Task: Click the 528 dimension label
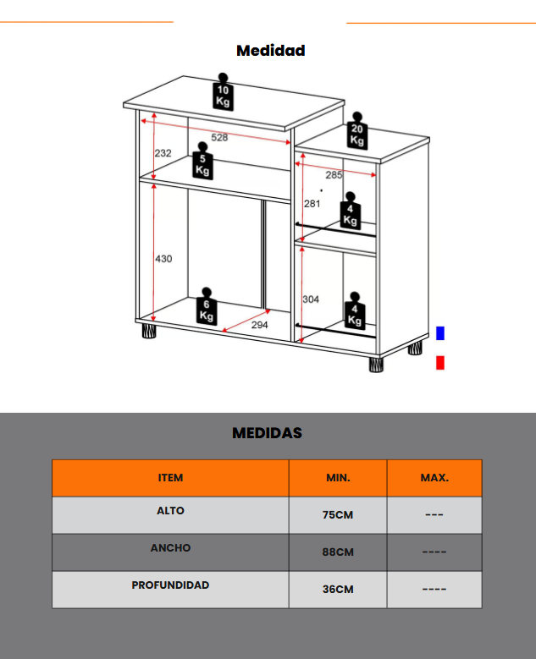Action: pyautogui.click(x=219, y=137)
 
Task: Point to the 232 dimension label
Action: pyautogui.click(x=163, y=153)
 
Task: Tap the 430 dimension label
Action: pyautogui.click(x=163, y=258)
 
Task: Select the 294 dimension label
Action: pyautogui.click(x=259, y=324)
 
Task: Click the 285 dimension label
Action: pyautogui.click(x=334, y=175)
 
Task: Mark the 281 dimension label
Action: pyautogui.click(x=312, y=204)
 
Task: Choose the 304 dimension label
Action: pyautogui.click(x=311, y=299)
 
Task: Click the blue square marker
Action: pyautogui.click(x=439, y=333)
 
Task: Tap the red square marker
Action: pyautogui.click(x=439, y=363)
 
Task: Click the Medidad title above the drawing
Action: pyautogui.click(x=270, y=51)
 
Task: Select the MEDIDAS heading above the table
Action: pyautogui.click(x=267, y=433)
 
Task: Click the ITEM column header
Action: pyautogui.click(x=170, y=478)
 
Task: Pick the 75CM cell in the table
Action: pyautogui.click(x=338, y=515)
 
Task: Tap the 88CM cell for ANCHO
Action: pyautogui.click(x=338, y=552)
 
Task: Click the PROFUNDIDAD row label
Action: pyautogui.click(x=170, y=585)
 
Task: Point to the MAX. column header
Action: pyautogui.click(x=434, y=478)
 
